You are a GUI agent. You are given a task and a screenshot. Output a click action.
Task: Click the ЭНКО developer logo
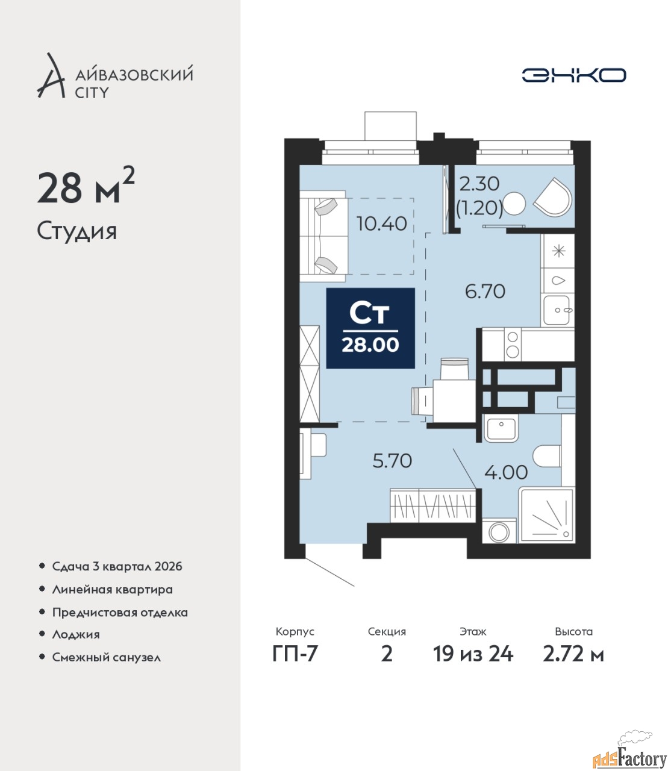coord(573,75)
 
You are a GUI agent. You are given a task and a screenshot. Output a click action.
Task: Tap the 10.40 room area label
coord(381,224)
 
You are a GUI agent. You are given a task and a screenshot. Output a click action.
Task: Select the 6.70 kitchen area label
coord(485,291)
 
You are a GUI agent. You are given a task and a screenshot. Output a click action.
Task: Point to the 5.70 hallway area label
coord(392,461)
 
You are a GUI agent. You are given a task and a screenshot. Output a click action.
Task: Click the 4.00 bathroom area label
coord(506,472)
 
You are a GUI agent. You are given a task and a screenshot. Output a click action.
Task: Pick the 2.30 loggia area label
coord(479,184)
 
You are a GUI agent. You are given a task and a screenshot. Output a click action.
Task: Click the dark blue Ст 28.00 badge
coord(370,328)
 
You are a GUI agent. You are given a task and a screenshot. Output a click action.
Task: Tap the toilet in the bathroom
coord(547,456)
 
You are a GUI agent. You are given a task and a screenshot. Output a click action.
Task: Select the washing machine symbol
coord(499,531)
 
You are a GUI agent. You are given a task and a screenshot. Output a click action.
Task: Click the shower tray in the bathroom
coord(547,515)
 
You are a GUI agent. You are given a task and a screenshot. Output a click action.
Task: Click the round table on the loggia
coord(514,204)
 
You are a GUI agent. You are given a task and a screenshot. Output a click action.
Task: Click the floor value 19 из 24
coord(473,664)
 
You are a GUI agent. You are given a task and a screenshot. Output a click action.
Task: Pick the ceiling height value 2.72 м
coord(573,664)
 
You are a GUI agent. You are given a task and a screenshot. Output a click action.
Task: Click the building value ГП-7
coord(295,664)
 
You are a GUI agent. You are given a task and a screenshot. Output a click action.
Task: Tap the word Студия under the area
coord(77,232)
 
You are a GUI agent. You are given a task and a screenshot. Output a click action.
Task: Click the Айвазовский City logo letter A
coord(51,76)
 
